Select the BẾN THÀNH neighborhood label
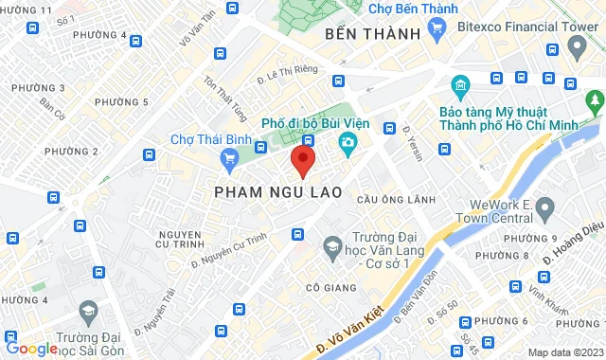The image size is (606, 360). [371, 34]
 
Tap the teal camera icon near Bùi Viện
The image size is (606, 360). [348, 142]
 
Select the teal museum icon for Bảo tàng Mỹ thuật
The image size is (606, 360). [460, 86]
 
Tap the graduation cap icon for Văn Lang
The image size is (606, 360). [331, 248]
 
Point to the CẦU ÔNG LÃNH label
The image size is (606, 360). [396, 200]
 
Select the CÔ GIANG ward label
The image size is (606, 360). [331, 287]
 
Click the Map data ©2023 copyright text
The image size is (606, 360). [564, 352]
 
